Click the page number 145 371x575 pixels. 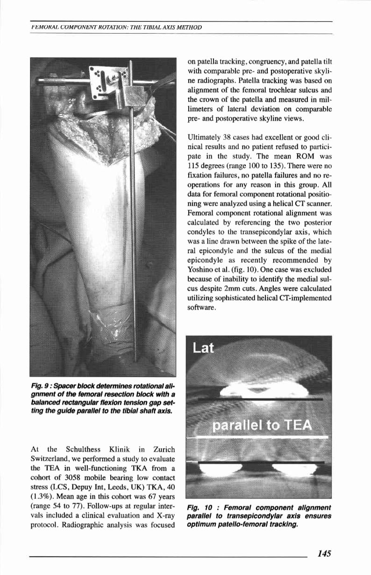[324, 553]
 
